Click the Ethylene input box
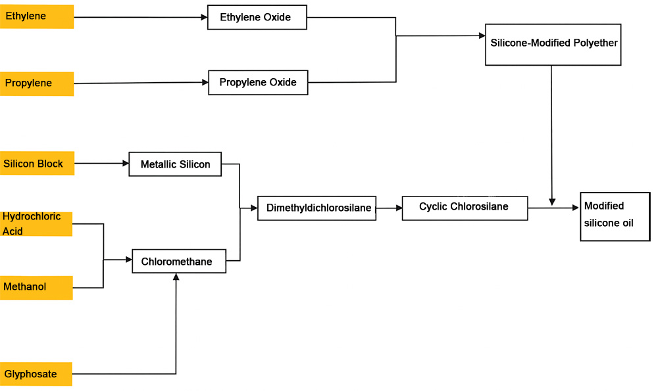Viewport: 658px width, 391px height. point(36,16)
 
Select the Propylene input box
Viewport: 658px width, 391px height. point(36,83)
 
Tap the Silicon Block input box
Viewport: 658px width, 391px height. point(37,164)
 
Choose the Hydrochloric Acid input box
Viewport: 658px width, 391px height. point(36,224)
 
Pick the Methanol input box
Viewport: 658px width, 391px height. point(36,287)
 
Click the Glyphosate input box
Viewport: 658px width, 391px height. point(36,374)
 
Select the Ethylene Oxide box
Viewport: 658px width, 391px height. point(257,17)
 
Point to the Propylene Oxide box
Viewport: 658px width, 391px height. point(258,83)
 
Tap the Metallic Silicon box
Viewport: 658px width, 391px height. point(175,164)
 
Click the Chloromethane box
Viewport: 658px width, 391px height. point(179,262)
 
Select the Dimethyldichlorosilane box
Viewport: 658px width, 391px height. point(316,208)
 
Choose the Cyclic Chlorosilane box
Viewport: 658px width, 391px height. point(465,208)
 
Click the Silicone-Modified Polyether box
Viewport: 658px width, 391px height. point(553,44)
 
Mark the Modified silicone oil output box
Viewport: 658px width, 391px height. point(615,216)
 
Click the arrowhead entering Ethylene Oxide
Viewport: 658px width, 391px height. point(204,17)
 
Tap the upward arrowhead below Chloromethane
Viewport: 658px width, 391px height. point(176,277)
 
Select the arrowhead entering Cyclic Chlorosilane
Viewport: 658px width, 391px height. point(398,208)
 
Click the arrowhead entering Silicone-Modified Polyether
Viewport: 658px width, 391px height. point(481,36)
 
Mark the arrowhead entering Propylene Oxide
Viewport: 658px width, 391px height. point(205,82)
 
